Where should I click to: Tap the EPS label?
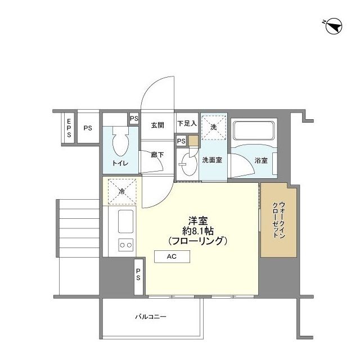pos(69,128)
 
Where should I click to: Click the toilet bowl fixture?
pos(120,143)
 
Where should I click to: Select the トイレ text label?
pos(120,164)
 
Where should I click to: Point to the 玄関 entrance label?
pos(157,125)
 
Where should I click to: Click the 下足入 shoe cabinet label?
pos(186,124)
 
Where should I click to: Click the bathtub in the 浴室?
pos(253,133)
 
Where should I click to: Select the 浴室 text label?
pos(260,160)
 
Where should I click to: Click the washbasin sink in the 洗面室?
pos(186,163)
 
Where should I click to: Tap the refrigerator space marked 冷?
pos(121,190)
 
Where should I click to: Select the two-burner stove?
pos(125,245)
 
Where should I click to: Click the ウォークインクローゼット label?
pos(278,219)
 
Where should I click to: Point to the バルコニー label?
pos(150,317)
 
